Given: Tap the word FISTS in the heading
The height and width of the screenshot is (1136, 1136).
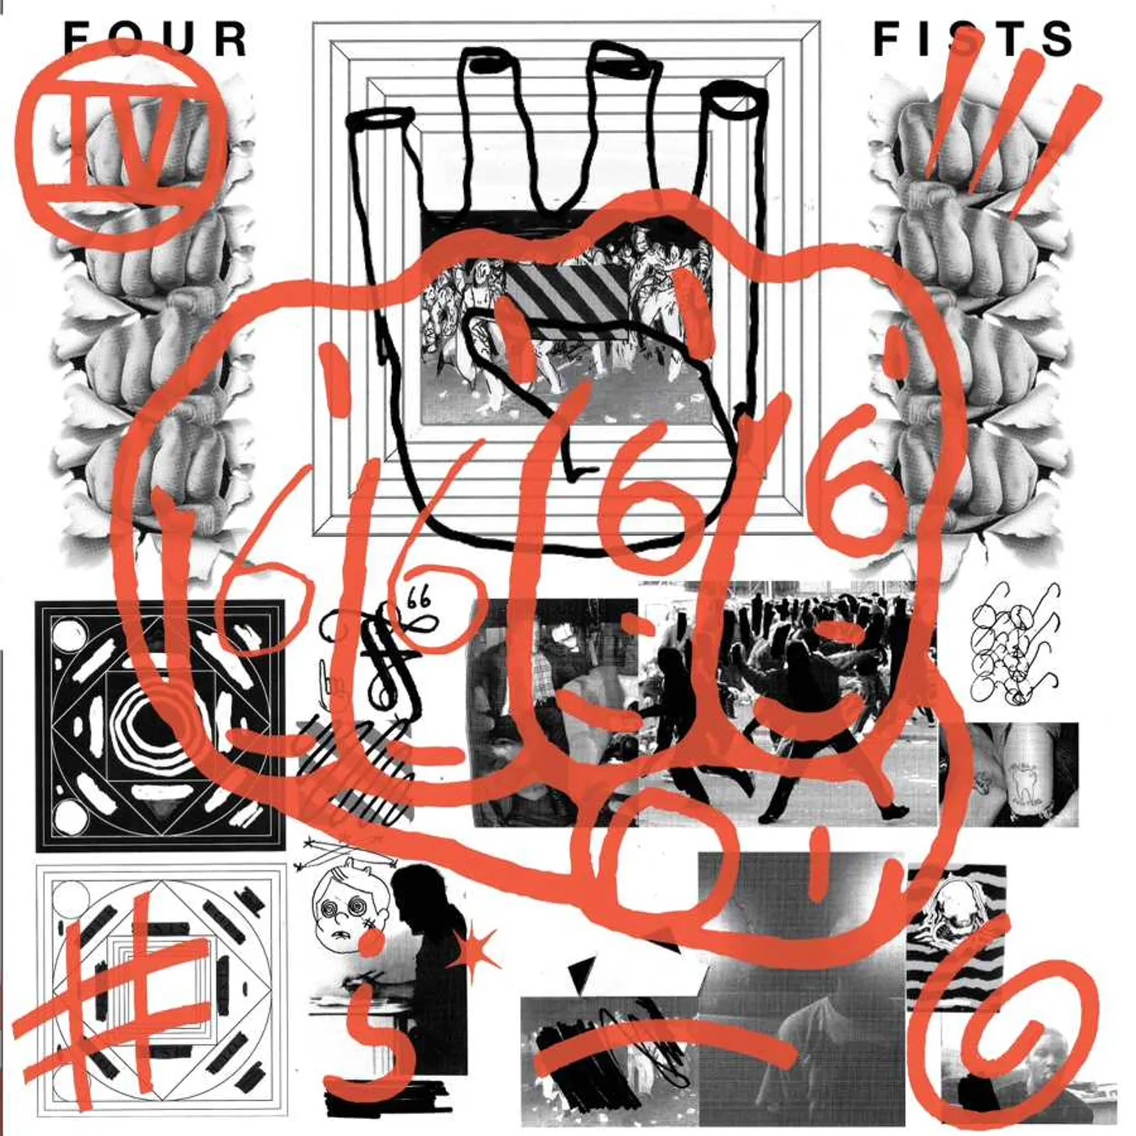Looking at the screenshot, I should [x=973, y=39].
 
